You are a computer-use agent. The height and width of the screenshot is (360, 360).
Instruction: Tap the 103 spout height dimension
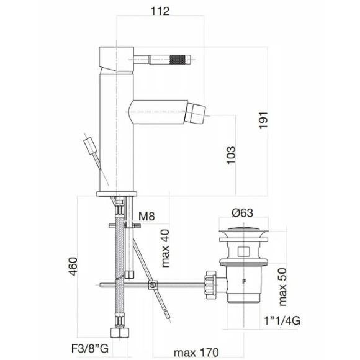[x=230, y=156]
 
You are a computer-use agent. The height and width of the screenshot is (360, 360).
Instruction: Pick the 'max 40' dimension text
[x=165, y=247]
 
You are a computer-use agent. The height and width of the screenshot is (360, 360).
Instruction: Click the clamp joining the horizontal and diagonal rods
[x=152, y=286]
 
